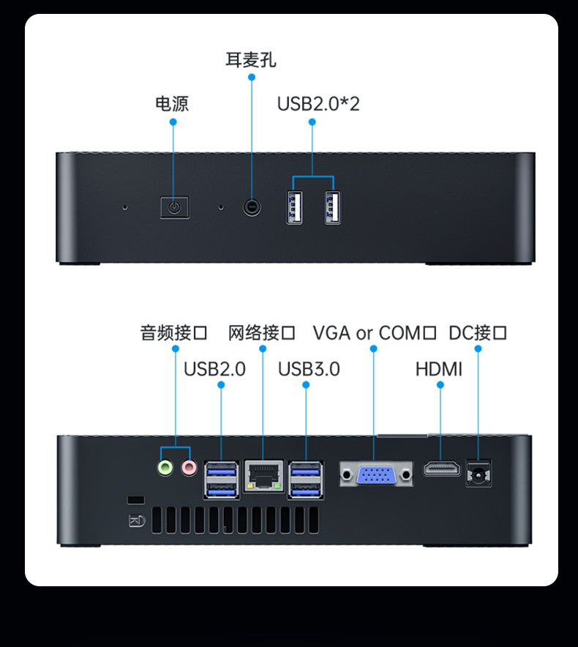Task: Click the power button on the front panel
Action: click(x=174, y=207)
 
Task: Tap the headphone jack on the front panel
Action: click(x=252, y=208)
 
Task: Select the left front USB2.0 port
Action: click(x=294, y=207)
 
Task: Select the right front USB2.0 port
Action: click(x=333, y=207)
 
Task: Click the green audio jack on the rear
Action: click(x=166, y=467)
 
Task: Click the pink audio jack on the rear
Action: click(x=189, y=467)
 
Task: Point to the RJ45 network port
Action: click(x=263, y=475)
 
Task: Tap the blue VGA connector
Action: click(x=377, y=476)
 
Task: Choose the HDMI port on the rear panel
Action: click(x=442, y=468)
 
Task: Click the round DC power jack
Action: click(x=478, y=475)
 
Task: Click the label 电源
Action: click(x=172, y=104)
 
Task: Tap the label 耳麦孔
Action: click(x=251, y=60)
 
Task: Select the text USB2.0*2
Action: click(x=318, y=104)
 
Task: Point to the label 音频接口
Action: click(x=174, y=334)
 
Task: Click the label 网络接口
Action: click(x=262, y=334)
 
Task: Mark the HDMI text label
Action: click(x=439, y=369)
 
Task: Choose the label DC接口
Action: click(x=478, y=334)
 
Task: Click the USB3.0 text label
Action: click(x=309, y=369)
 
